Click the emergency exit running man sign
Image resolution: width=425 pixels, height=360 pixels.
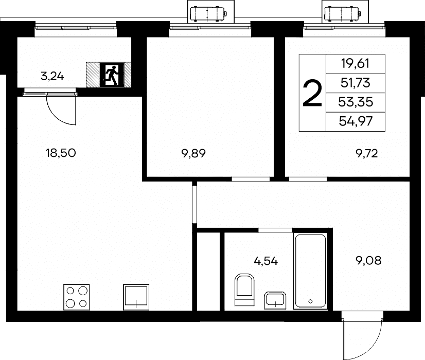(112, 75)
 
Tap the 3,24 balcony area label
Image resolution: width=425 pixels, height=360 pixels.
(52, 77)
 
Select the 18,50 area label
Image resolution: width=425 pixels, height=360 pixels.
(61, 153)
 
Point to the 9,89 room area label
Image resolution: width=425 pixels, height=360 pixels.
(193, 154)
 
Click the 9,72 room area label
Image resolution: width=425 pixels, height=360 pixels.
(367, 154)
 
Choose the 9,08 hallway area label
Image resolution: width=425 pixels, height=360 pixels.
(368, 261)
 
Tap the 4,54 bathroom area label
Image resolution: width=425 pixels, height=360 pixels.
(266, 261)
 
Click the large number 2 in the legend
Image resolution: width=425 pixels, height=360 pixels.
(312, 93)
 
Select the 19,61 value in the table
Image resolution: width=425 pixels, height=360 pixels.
(356, 64)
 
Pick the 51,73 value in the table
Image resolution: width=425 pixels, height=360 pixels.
(356, 83)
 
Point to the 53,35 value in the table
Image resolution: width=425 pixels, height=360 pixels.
(356, 102)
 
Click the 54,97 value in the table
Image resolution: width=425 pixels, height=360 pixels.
(356, 121)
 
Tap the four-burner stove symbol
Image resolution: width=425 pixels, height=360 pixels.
(77, 297)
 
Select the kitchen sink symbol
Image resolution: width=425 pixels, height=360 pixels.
(136, 297)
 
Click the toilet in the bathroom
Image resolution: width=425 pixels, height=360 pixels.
(244, 290)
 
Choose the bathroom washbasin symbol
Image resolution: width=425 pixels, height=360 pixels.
(275, 300)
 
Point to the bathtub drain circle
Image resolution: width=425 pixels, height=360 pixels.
(310, 301)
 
